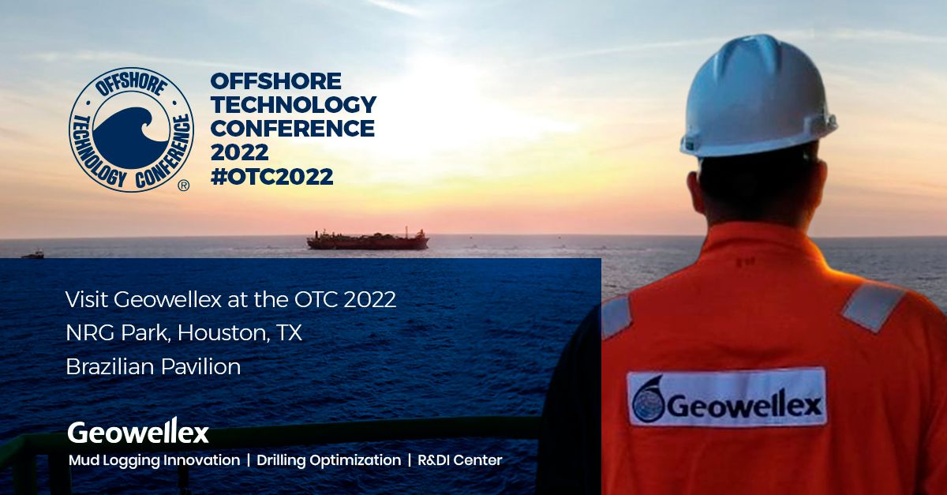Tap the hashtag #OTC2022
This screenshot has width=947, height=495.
[x=271, y=177]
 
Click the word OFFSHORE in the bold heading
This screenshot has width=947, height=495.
[x=275, y=81]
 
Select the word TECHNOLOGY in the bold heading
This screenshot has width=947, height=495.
[x=294, y=104]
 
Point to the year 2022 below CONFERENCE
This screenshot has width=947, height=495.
[x=239, y=152]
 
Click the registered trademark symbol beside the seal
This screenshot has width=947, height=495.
[x=183, y=186]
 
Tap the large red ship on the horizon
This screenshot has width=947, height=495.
[x=368, y=239]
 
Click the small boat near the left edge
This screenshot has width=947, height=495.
[x=33, y=254]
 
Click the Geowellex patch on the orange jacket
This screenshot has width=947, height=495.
[x=727, y=397]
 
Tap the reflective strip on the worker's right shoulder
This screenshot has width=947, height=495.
[x=872, y=307]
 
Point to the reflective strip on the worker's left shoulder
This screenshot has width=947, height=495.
[x=616, y=317]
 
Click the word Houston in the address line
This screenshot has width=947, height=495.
[x=223, y=333]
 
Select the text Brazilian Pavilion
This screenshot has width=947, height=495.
[x=153, y=366]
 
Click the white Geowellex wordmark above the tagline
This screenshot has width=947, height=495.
[x=138, y=432]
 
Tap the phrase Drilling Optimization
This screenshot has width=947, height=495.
[x=328, y=460]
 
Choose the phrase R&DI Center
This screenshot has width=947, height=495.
[x=460, y=460]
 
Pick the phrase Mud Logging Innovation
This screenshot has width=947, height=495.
[x=155, y=460]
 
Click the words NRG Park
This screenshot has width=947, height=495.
[x=117, y=333]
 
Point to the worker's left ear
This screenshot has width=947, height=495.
[x=694, y=190]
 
